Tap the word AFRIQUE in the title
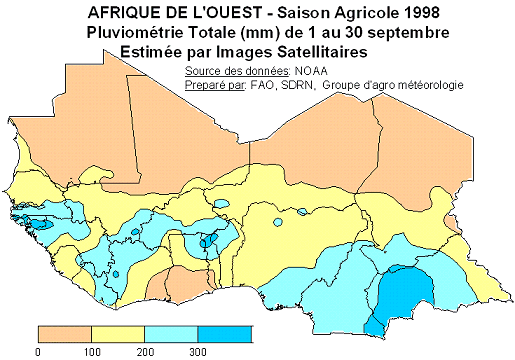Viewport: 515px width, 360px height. tap(121, 13)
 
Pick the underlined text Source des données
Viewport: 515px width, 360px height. tap(237, 71)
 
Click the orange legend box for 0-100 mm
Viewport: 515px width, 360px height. tap(64, 333)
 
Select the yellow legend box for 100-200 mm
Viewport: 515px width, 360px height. tap(118, 333)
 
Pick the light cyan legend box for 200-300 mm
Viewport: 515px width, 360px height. tap(171, 333)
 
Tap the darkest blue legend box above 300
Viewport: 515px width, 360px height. tap(224, 333)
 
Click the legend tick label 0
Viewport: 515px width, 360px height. tap(38, 352)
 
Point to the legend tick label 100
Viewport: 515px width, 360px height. tap(92, 352)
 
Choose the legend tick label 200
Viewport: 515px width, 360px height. tap(145, 352)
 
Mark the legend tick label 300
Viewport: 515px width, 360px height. tap(198, 352)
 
